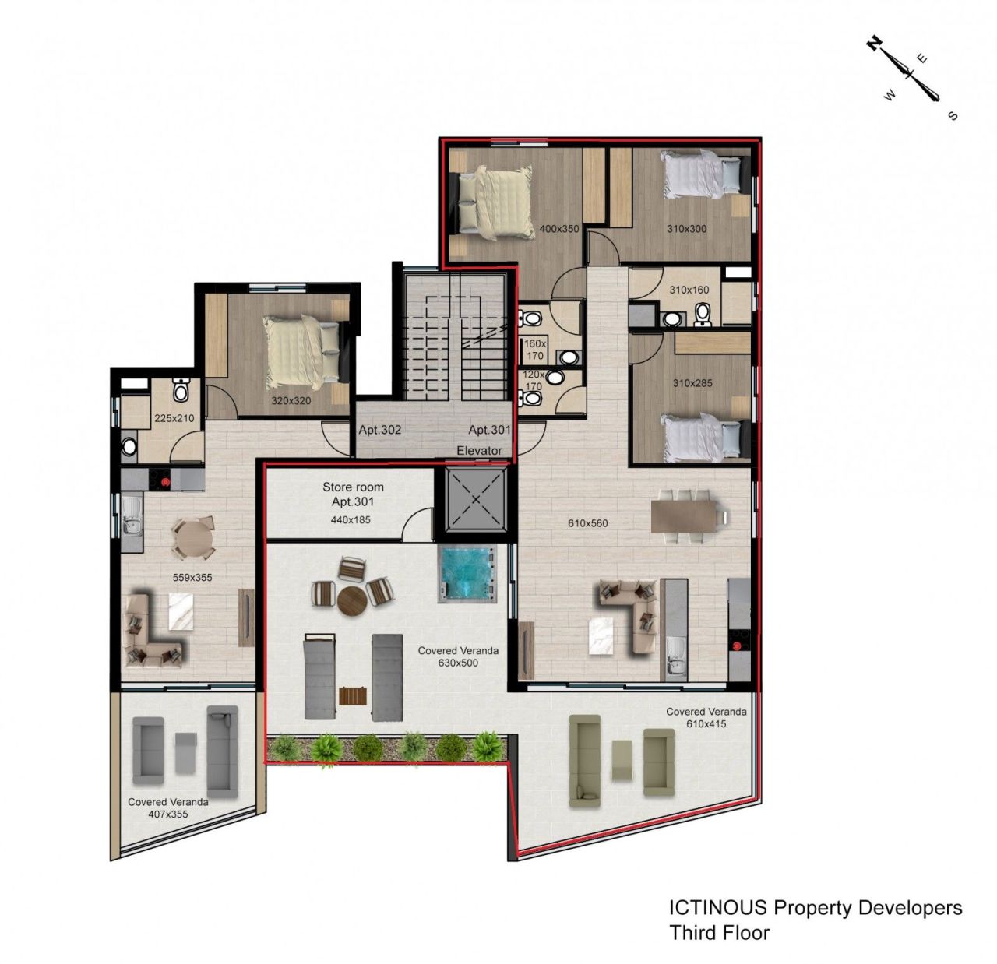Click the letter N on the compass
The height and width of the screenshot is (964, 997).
874,44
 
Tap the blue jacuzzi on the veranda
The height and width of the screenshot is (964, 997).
467,573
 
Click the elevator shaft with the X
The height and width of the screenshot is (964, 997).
475,499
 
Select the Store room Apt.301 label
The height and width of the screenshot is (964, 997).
353,494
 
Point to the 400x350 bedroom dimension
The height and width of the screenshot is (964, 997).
559,229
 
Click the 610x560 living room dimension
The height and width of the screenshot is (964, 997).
587,523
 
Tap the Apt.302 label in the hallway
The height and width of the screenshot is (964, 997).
379,430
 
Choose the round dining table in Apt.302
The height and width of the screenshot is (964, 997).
193,537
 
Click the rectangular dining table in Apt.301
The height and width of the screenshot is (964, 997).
684,515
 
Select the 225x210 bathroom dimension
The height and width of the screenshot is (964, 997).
174,418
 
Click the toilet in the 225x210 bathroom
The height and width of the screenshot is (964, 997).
180,390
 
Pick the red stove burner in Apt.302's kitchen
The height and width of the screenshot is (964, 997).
165,481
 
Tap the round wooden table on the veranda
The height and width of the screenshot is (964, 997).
352,600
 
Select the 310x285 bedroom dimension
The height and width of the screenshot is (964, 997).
692,382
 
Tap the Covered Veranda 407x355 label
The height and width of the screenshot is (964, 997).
168,807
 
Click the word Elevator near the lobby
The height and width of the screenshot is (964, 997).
479,451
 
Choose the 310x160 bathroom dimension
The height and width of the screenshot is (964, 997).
689,290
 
